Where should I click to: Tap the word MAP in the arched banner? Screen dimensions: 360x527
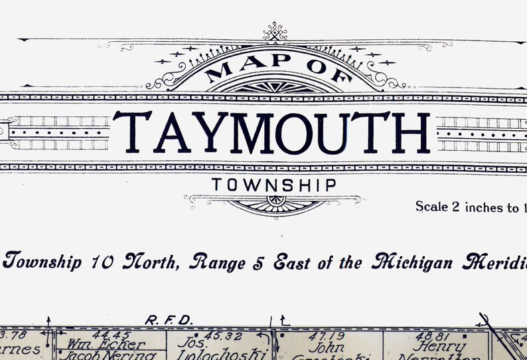click(x=238, y=67)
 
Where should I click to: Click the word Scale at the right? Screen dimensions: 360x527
click(x=431, y=207)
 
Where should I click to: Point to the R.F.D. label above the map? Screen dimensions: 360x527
click(x=169, y=320)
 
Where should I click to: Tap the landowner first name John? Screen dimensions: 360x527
click(x=327, y=347)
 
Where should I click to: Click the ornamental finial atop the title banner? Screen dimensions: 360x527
click(x=274, y=31)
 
